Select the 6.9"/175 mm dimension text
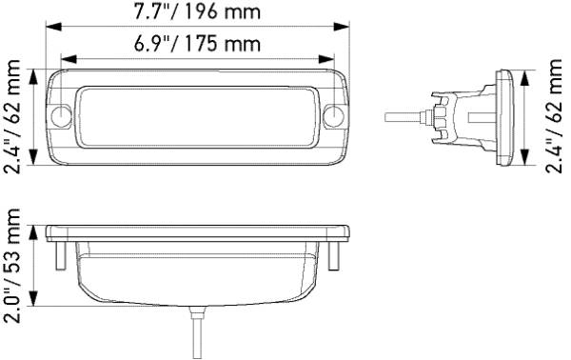point(198,44)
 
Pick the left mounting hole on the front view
point(63,117)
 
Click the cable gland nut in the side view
point(440,116)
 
